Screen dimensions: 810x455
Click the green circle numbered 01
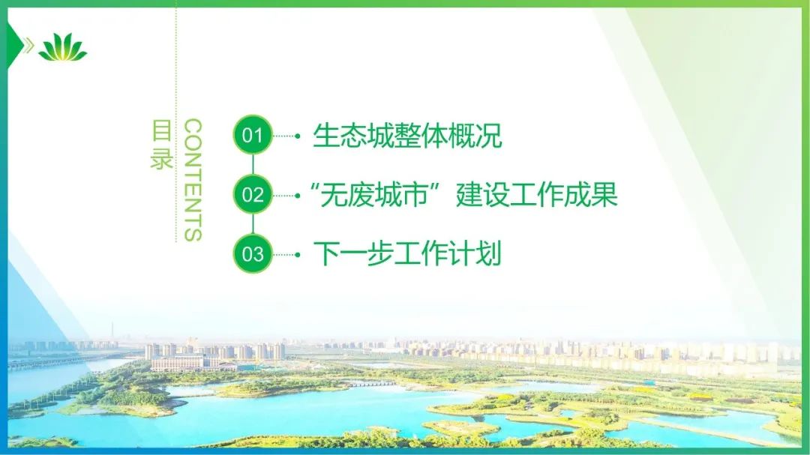pyautogui.click(x=253, y=135)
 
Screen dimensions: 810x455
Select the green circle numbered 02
pyautogui.click(x=253, y=194)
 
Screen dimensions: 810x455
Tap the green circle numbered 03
pyautogui.click(x=253, y=253)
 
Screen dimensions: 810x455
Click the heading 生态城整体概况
pyautogui.click(x=407, y=136)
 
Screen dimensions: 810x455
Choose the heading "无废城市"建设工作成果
pyautogui.click(x=463, y=195)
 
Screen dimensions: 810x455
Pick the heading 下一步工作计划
pyautogui.click(x=407, y=253)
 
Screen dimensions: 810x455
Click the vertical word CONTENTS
pyautogui.click(x=193, y=180)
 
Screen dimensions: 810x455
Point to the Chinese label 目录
pyautogui.click(x=162, y=144)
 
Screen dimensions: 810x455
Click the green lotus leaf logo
pyautogui.click(x=62, y=47)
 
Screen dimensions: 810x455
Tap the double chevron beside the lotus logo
pyautogui.click(x=29, y=46)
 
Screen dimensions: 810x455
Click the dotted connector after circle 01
pyautogui.click(x=286, y=136)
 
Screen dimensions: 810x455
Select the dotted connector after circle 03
pyautogui.click(x=286, y=254)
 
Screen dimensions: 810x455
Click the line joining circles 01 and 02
pyautogui.click(x=253, y=165)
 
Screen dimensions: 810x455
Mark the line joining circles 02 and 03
pyautogui.click(x=253, y=224)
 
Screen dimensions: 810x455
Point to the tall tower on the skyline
pyautogui.click(x=112, y=333)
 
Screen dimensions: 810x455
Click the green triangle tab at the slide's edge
pyautogui.click(x=14, y=46)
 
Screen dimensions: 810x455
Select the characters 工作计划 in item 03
pyautogui.click(x=447, y=253)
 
